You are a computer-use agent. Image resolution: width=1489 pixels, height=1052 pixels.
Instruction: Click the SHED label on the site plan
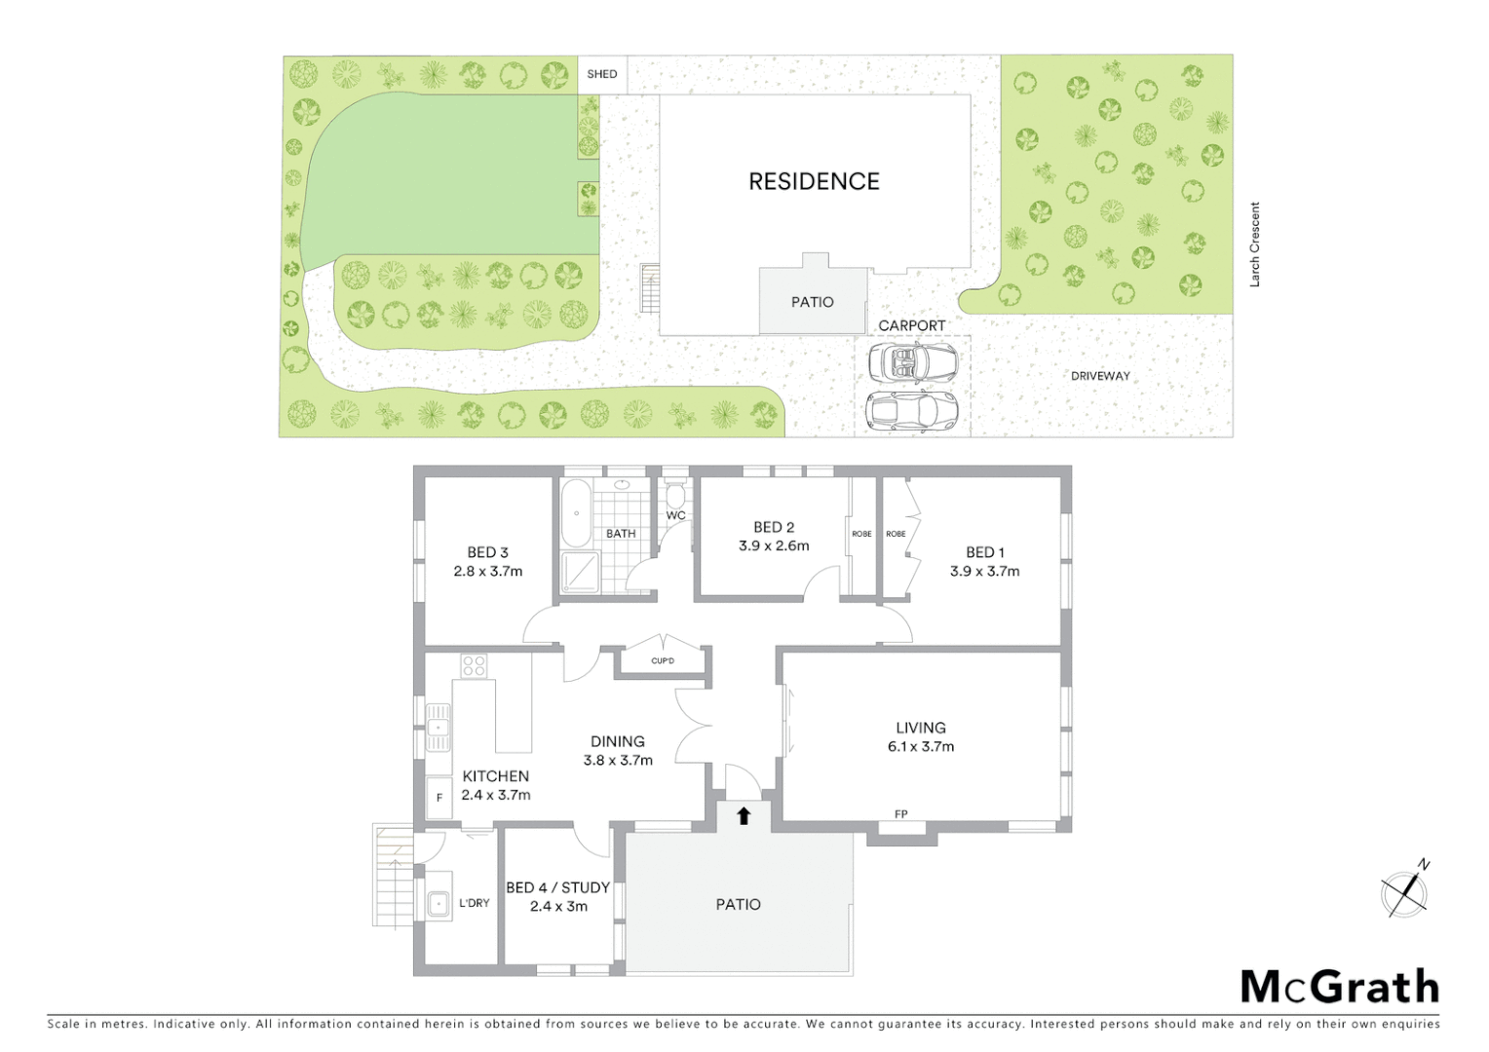point(601,74)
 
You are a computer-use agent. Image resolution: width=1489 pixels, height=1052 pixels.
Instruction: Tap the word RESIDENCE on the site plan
point(814,181)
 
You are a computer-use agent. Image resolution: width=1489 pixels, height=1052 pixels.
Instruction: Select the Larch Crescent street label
point(1255,244)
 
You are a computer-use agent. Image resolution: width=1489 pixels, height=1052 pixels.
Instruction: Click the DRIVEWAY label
point(1100,376)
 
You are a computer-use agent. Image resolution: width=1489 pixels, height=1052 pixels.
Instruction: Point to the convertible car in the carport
point(912,362)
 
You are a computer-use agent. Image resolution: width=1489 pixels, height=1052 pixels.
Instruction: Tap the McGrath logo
point(1340,987)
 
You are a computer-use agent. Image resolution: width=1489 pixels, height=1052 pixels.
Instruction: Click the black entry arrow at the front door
point(744,815)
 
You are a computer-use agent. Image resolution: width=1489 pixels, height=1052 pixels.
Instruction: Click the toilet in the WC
point(675,496)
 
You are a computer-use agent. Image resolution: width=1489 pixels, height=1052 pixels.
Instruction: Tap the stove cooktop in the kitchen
point(474,666)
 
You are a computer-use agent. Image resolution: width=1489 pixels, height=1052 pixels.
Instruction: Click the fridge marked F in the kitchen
point(439,797)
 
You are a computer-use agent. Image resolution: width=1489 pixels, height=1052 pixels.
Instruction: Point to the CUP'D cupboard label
point(663,661)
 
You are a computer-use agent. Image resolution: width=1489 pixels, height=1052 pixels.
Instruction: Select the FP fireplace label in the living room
point(901,814)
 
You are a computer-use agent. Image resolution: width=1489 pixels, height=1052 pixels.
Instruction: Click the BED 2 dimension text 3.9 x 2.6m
point(774,546)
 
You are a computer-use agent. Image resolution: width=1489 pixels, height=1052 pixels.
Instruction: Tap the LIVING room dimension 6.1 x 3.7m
point(920,747)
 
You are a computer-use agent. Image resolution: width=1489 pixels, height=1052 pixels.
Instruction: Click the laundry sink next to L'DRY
point(439,904)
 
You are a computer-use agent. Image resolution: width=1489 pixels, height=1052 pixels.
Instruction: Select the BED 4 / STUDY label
point(557,887)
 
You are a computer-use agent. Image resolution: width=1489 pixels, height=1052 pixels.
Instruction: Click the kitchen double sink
point(439,727)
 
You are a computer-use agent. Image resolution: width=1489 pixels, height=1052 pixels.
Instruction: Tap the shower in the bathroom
point(579,573)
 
